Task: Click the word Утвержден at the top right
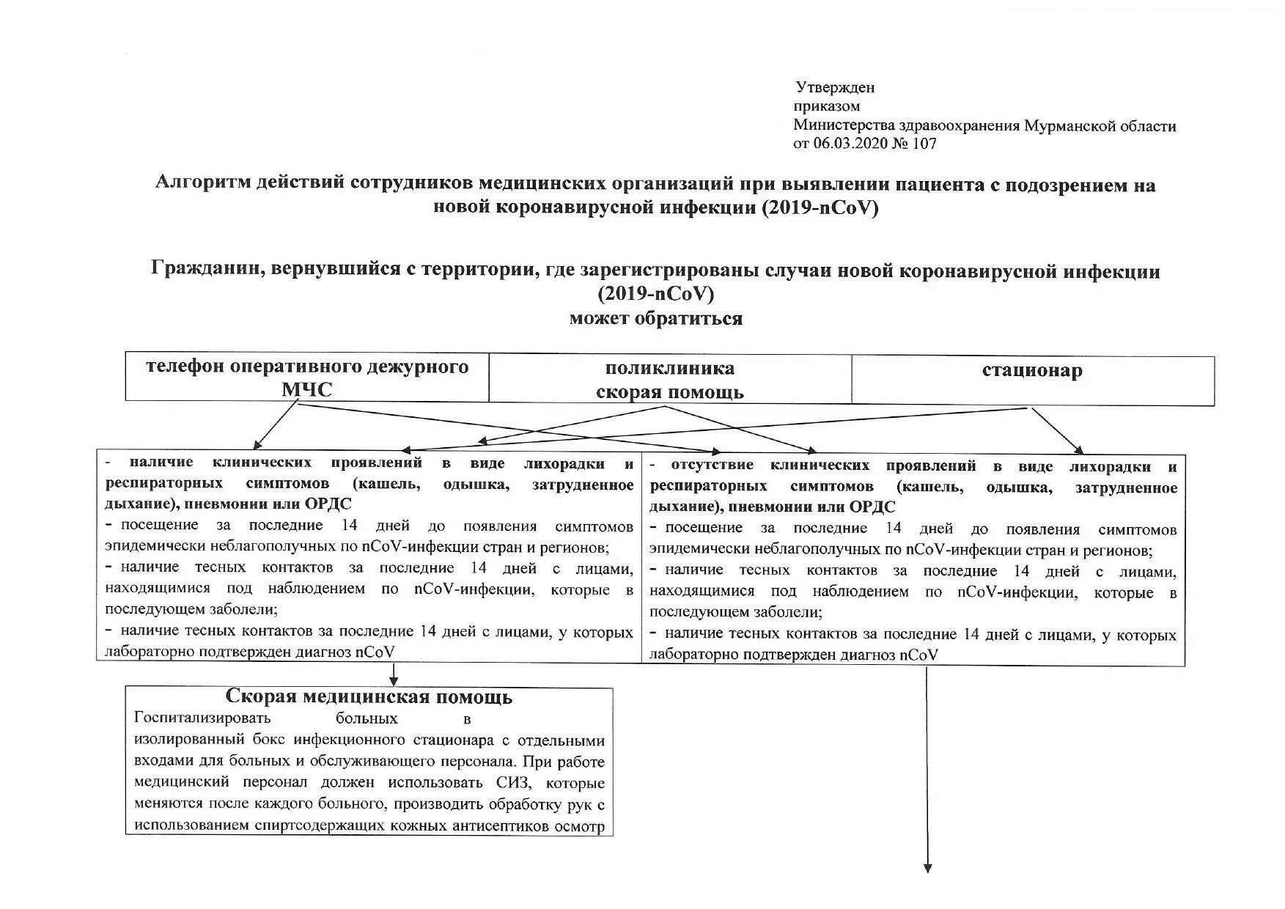tap(835, 88)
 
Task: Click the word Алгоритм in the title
tap(202, 184)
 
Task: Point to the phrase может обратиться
tap(655, 319)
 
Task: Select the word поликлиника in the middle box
tap(669, 369)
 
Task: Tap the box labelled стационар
tap(1032, 380)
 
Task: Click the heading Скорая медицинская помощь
tap(369, 696)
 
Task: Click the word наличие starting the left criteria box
tap(161, 463)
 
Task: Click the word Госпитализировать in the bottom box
tap(203, 718)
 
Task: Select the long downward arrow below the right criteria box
tap(927, 770)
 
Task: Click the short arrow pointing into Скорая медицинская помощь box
tap(394, 674)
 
